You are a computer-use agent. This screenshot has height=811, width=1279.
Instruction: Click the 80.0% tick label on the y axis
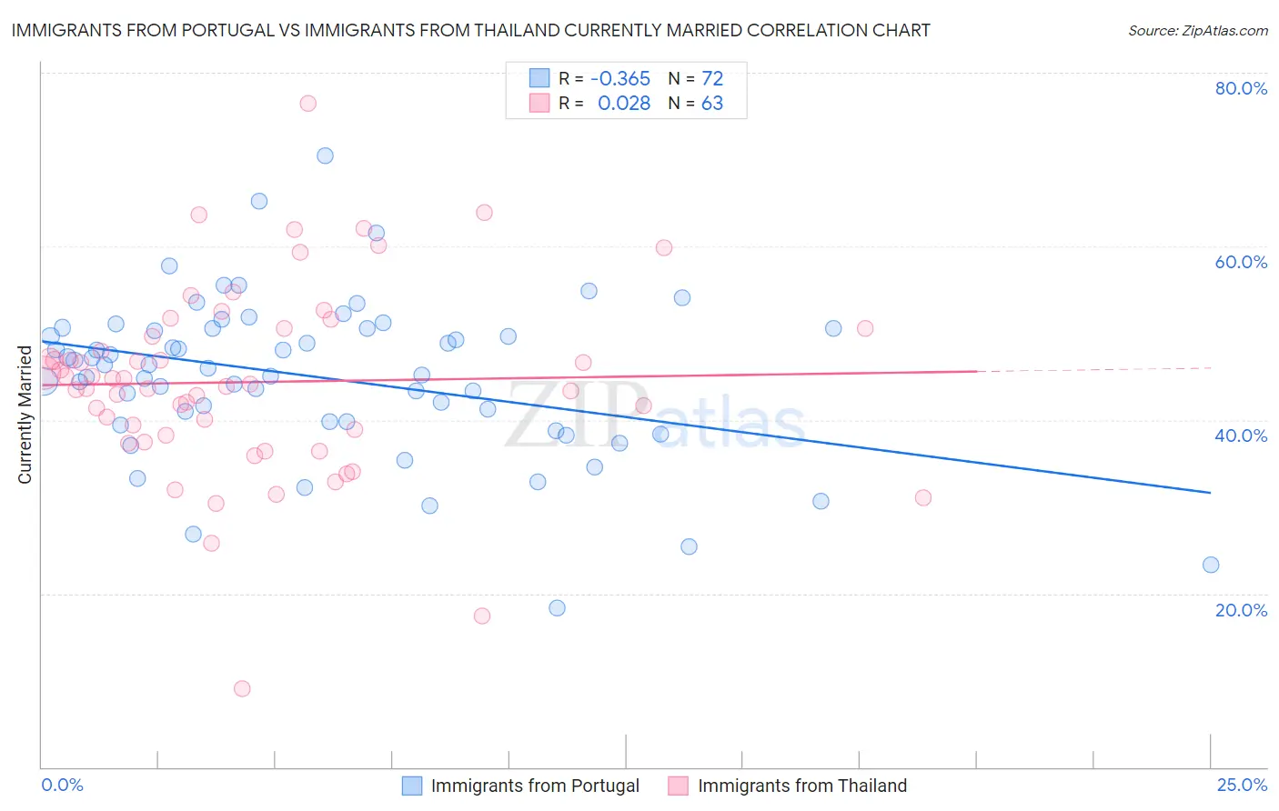1241,88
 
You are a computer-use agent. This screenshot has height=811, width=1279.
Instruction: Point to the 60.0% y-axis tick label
1241,262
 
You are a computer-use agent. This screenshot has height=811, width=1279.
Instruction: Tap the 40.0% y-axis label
1241,436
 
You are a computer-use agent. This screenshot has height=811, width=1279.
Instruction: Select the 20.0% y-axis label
1241,610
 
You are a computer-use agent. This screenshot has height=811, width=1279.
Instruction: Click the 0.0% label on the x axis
62,785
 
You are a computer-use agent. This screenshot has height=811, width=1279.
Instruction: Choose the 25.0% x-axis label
1242,785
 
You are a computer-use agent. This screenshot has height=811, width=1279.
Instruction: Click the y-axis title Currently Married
25,415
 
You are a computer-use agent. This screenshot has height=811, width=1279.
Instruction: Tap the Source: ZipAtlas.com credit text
1197,31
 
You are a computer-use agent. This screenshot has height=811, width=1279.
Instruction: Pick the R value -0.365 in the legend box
620,79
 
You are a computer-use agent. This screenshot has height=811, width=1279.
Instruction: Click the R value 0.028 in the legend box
624,104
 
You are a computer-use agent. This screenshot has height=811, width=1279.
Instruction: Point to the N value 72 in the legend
712,79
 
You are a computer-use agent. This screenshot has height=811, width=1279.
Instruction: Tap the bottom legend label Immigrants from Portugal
535,786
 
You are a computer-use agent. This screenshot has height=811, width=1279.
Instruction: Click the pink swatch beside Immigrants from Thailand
678,786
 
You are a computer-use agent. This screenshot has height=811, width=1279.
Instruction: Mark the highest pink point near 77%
307,104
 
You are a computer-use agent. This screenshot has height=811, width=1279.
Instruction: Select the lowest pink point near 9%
242,688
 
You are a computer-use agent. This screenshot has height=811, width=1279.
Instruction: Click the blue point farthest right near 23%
1211,565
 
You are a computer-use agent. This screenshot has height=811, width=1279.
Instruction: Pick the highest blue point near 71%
325,155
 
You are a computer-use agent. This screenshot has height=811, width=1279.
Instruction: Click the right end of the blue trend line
1211,493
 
